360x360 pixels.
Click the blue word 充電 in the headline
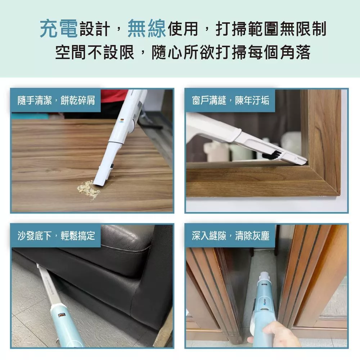pyautogui.click(x=59, y=29)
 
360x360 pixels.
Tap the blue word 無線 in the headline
pyautogui.click(x=147, y=29)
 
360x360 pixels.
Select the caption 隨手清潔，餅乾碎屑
pyautogui.click(x=56, y=100)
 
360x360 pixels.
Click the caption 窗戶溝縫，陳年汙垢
pyautogui.click(x=230, y=100)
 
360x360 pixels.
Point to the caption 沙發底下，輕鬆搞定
pyautogui.click(x=56, y=236)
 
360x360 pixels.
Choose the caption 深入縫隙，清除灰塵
pyautogui.click(x=230, y=236)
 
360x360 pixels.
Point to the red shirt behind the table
pyautogui.click(x=114, y=96)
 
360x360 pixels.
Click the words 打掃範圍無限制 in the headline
pyautogui.click(x=271, y=29)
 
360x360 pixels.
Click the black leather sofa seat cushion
pyautogui.click(x=125, y=240)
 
